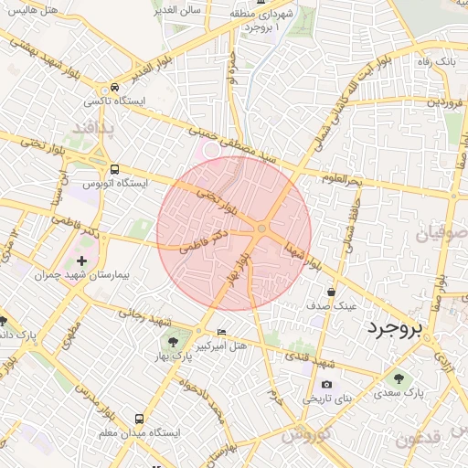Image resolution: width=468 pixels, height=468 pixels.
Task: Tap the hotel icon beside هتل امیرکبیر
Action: coord(221,332)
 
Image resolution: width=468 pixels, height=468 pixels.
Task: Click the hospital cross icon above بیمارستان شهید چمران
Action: coord(82,261)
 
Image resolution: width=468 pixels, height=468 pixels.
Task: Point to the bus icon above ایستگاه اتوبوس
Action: coord(114,169)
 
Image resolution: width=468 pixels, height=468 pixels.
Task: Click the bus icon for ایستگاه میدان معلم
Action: coord(138,418)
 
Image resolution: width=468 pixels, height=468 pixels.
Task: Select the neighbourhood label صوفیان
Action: coord(440,234)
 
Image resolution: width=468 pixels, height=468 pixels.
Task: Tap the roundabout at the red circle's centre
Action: coord(262,228)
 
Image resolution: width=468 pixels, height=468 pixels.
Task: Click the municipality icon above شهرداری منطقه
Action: coord(261,4)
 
